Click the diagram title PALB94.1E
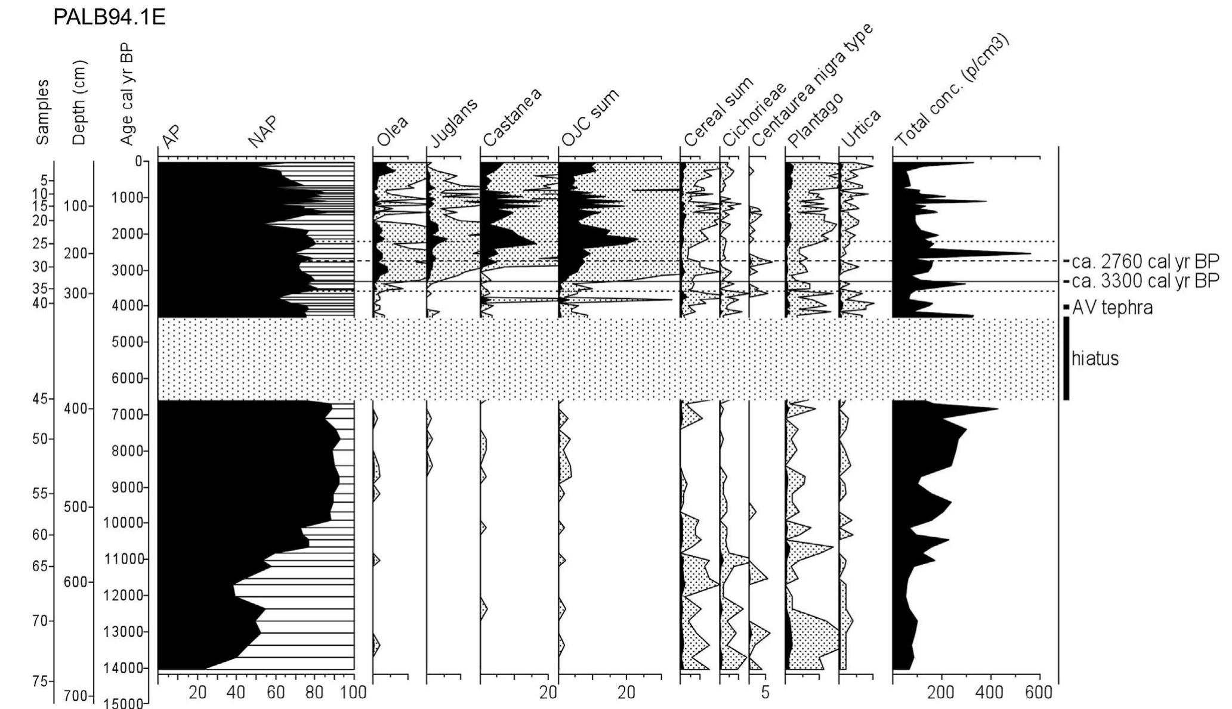coord(109,17)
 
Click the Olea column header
coord(392,132)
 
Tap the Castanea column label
coord(511,117)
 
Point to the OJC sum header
coord(589,117)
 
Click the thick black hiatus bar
coord(1066,358)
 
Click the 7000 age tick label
coord(128,414)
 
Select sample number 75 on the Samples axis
coord(42,682)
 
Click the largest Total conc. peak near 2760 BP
coord(1029,255)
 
